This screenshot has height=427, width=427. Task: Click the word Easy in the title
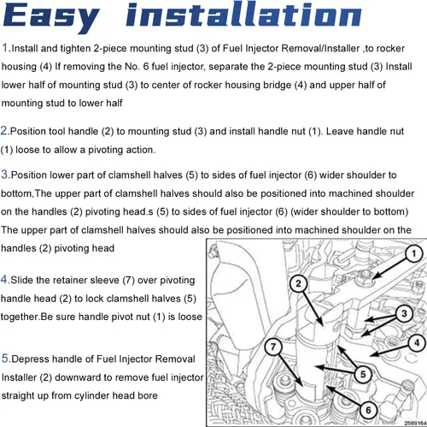[x=51, y=18]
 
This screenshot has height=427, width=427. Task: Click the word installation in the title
[x=243, y=15]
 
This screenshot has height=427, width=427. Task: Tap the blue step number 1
[x=5, y=48]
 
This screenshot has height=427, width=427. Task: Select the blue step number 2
[x=4, y=131]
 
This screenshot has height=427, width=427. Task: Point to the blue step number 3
[x=5, y=174]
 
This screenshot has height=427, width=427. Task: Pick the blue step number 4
[x=4, y=279]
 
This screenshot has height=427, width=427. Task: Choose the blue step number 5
[x=5, y=358]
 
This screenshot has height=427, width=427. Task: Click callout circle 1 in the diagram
[x=414, y=253]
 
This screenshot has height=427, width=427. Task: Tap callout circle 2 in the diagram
[x=298, y=283]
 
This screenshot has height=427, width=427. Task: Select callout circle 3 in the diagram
[x=404, y=314]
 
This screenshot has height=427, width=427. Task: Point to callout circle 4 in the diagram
[x=417, y=343]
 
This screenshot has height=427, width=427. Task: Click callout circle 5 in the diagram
[x=363, y=374]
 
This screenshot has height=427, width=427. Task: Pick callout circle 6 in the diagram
[x=368, y=410]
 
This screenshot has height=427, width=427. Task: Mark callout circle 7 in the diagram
[x=273, y=347]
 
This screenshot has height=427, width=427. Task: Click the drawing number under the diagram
[x=415, y=424]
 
